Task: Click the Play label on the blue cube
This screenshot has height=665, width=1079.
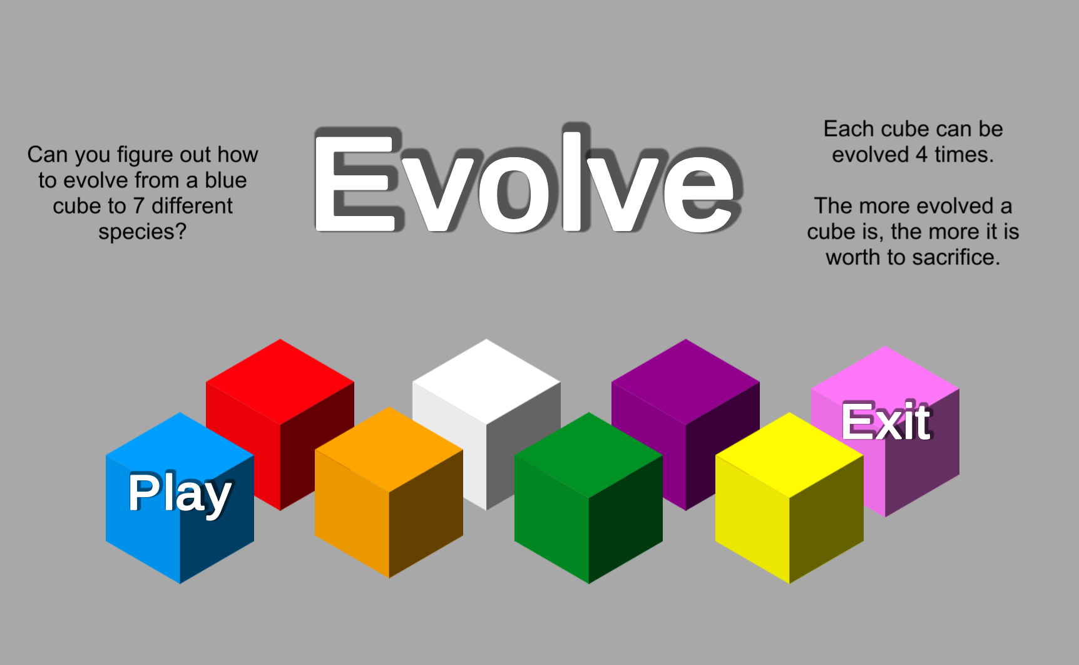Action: pos(180,494)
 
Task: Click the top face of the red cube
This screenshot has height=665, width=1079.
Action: pos(280,381)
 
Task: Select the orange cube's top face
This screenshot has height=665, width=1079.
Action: pos(389,450)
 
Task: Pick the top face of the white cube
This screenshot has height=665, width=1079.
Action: pos(486,381)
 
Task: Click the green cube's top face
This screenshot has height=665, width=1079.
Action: pos(588,455)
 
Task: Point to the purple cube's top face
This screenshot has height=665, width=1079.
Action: pos(685,381)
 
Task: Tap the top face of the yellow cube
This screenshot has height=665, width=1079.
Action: pos(789,455)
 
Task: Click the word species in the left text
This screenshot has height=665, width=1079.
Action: pos(142,232)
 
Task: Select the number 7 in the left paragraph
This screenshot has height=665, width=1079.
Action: pos(139,206)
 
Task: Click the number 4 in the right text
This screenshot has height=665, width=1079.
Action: pos(921,155)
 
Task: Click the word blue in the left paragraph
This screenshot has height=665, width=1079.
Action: pos(226,180)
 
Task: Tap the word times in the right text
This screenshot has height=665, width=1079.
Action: pos(964,155)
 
